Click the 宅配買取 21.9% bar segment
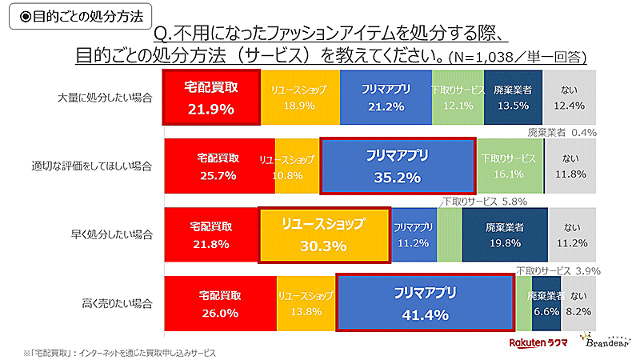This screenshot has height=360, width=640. tap(211, 97)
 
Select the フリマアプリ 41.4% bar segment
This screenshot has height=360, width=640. tap(425, 303)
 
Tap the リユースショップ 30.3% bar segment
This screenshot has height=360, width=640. tap(325, 234)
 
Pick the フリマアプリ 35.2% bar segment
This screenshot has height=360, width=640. tap(398, 166)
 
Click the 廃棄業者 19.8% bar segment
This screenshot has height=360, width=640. tap(505, 234)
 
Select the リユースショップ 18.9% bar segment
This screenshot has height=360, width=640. tap(300, 97)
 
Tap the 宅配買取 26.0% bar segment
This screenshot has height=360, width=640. tap(220, 303)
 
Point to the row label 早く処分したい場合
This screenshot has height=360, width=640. tap(113, 235)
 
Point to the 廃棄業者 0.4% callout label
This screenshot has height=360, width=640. tap(563, 131)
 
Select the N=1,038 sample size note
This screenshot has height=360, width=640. tap(517, 58)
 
